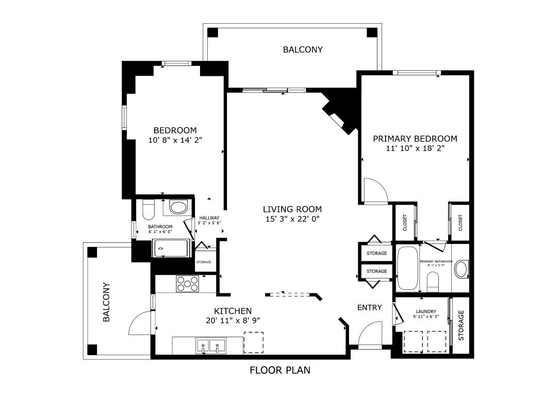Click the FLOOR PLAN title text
point(280,370)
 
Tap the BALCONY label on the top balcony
point(303,50)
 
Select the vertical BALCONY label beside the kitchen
point(107,302)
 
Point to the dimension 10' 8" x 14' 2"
point(175,140)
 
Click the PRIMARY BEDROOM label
point(415,139)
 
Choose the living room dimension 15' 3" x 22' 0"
point(292,219)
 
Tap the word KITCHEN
point(233,311)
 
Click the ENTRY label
point(370,308)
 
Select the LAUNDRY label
point(426,311)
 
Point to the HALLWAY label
point(209,218)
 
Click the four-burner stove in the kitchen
point(188,284)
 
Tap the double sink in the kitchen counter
point(211,346)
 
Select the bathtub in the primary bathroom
point(408,268)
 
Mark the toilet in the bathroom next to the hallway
point(149,209)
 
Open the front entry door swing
point(370,335)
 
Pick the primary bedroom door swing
point(375,191)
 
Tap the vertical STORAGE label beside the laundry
point(462,325)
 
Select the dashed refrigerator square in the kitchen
point(253,342)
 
